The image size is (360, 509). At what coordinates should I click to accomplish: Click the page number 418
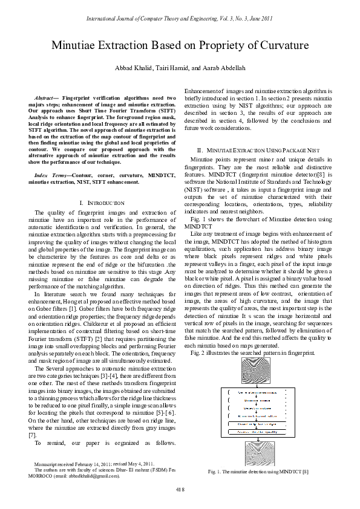[x=180, y=488]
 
